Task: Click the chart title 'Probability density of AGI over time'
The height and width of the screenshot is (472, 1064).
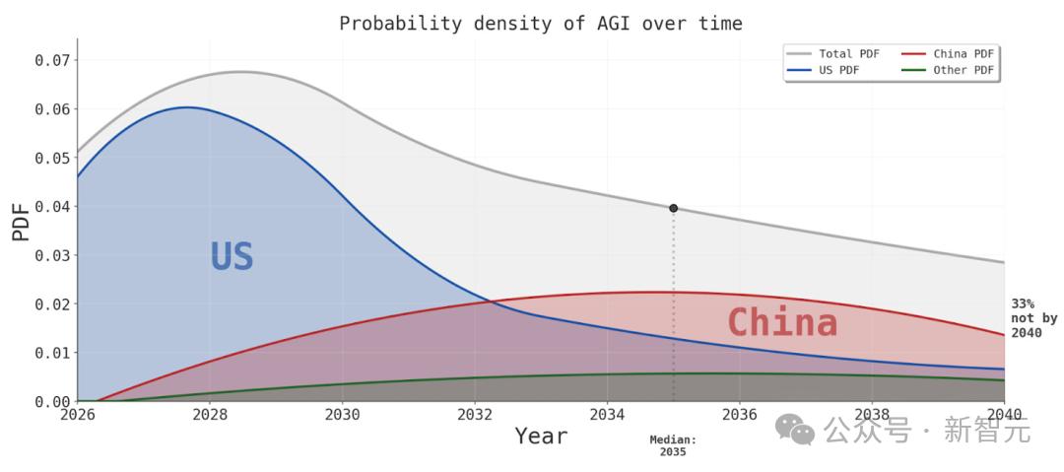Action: (541, 24)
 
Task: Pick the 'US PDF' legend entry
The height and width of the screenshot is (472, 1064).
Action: (819, 69)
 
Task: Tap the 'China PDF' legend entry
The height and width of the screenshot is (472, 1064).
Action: (948, 53)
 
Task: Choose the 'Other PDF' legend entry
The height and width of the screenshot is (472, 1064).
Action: (948, 69)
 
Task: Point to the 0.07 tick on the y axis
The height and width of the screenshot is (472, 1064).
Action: (52, 60)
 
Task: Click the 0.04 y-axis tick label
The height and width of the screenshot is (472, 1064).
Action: (52, 207)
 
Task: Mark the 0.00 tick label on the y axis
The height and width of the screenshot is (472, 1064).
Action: (52, 401)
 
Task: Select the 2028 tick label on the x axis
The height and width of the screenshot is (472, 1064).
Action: (210, 414)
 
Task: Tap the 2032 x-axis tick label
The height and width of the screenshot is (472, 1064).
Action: (475, 414)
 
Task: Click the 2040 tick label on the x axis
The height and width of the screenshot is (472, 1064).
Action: (1005, 414)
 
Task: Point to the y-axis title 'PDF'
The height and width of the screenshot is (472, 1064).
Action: (21, 224)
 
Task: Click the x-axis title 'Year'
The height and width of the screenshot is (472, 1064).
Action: (541, 436)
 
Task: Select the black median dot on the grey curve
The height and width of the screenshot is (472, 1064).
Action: (673, 208)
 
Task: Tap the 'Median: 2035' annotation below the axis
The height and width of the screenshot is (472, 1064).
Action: (673, 445)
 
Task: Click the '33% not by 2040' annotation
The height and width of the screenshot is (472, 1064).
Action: (1027, 318)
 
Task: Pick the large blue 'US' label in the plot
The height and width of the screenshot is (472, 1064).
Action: (233, 257)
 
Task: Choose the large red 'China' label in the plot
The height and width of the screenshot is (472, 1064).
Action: (782, 322)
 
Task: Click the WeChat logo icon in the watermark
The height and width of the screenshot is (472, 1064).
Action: (795, 431)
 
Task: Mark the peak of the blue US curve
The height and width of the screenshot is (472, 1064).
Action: (188, 107)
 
